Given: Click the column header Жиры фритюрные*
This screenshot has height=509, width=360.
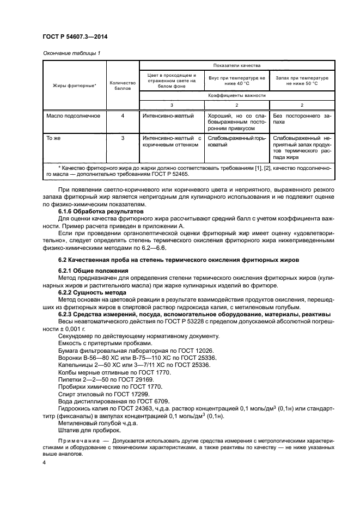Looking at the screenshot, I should point(74,85).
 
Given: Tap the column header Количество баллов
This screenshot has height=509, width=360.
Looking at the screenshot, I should point(123,85).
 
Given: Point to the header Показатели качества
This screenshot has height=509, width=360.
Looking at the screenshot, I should point(235,65).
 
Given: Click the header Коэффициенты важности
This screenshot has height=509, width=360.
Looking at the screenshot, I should point(235,95).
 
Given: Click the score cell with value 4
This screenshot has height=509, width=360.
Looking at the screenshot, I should point(123,116).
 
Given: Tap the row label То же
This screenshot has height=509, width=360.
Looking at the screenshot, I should point(53,138).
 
